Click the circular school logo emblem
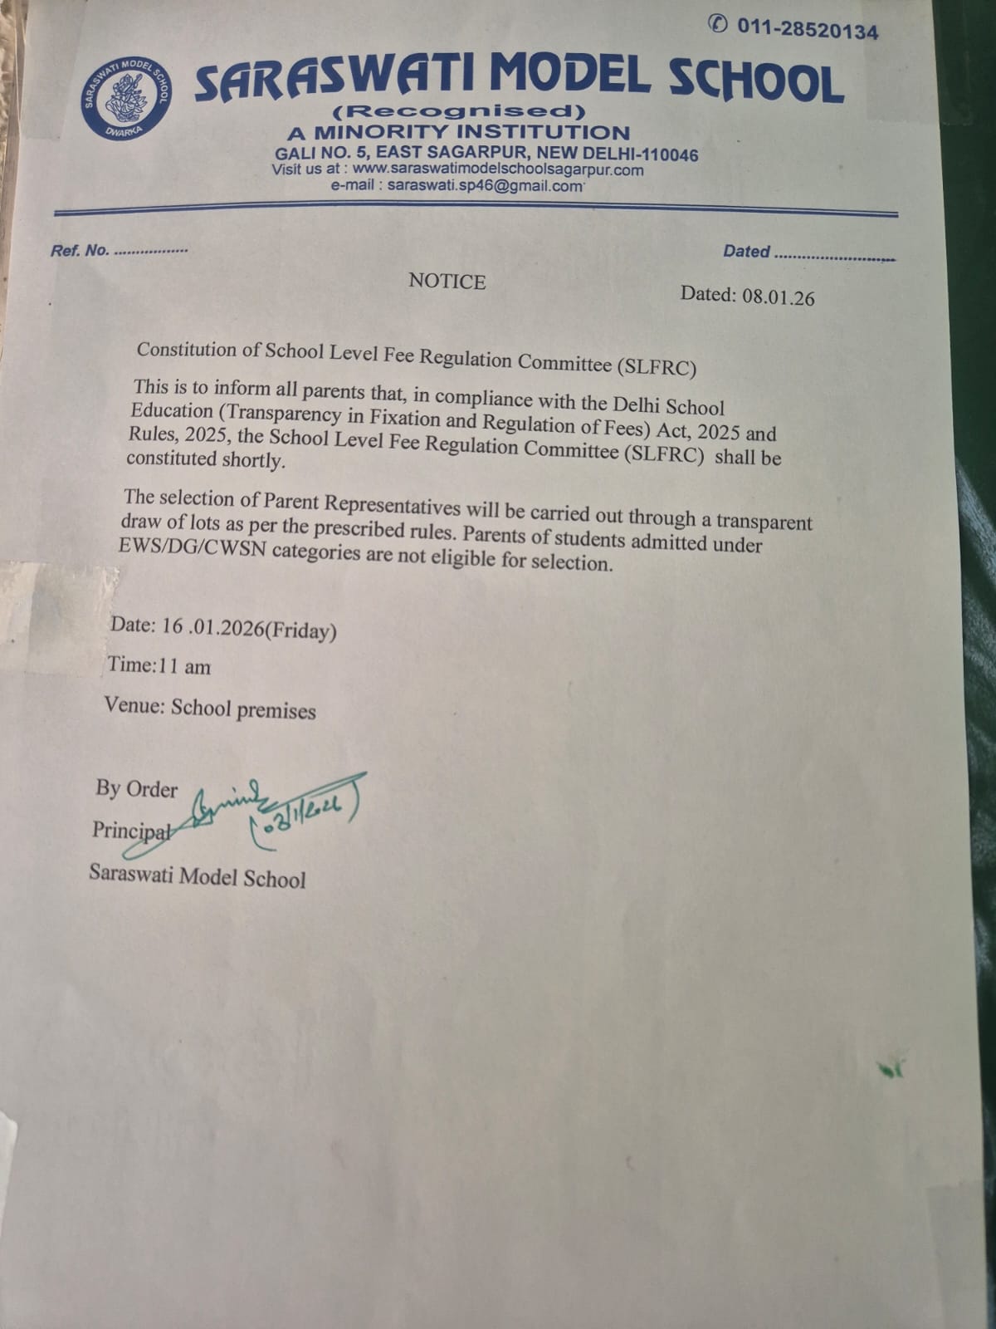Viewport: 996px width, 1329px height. pos(126,98)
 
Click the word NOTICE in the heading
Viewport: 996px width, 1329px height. pos(447,282)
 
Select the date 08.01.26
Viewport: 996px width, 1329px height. pos(778,297)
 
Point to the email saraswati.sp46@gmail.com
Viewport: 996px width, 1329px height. pos(485,186)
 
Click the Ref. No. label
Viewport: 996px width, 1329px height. pos(80,250)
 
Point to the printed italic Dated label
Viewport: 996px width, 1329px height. pos(746,251)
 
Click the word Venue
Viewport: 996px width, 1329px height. pos(134,705)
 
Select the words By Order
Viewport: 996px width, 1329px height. pos(136,787)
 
